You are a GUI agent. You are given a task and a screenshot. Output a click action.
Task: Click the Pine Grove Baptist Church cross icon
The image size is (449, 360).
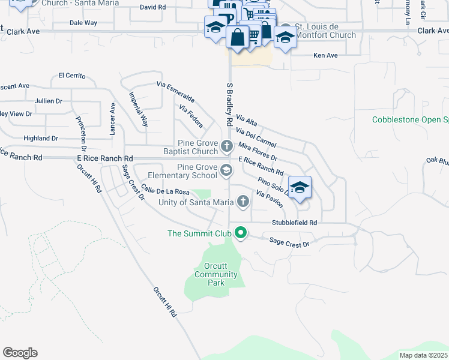227,145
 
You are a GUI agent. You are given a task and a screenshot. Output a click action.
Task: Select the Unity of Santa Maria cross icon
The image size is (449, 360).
243,202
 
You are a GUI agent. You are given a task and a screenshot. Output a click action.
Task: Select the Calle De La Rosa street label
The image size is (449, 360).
165,191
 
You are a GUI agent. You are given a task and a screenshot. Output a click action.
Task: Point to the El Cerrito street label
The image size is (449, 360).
72,76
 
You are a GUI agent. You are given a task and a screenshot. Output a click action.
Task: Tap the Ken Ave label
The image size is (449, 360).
326,55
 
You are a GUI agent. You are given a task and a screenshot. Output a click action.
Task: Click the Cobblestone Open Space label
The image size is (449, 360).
410,120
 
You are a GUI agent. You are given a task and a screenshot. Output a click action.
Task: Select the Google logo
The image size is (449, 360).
20,352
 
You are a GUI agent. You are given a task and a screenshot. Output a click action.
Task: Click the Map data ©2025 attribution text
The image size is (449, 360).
423,355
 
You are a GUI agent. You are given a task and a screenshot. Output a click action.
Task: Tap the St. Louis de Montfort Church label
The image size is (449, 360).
326,31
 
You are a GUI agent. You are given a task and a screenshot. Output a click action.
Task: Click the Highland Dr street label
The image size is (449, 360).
41,138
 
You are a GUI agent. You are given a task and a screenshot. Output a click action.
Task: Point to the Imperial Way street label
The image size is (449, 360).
139,109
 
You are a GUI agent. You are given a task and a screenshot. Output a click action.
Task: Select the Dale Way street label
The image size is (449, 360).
83,23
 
